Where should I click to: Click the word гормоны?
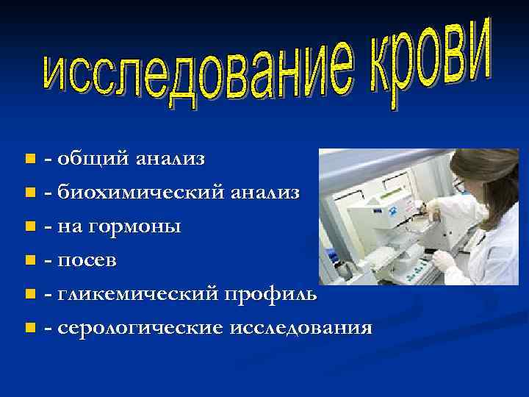click(x=135, y=226)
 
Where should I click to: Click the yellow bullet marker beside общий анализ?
click(x=29, y=158)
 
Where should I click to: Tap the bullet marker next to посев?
click(x=29, y=260)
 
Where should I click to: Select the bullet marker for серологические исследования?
click(x=29, y=327)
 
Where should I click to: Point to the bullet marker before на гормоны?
click(x=29, y=226)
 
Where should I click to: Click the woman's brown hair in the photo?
click(x=478, y=176)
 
